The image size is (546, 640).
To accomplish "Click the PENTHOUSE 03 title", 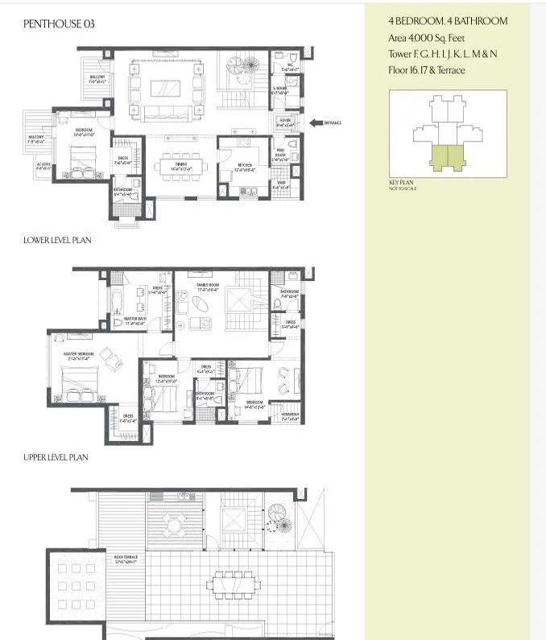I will coord(59,24).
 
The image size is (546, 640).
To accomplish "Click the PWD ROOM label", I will coord(281,152).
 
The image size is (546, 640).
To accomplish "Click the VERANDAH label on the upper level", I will coord(290,415).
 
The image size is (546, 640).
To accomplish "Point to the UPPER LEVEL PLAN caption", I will coord(56,457).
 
